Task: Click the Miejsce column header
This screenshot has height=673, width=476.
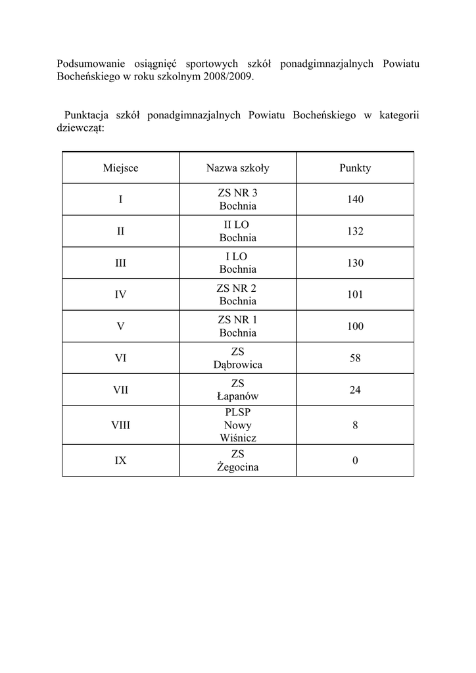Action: pos(120,168)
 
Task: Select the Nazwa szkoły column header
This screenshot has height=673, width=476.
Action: pos(237,168)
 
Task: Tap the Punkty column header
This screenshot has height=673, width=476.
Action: pos(355,168)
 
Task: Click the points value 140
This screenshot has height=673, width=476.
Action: pos(355,200)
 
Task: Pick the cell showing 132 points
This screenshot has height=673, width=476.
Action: pos(355,231)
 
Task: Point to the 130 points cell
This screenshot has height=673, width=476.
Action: pos(355,263)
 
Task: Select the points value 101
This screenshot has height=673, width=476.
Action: pos(355,294)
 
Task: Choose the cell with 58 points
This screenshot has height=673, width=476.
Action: pos(355,358)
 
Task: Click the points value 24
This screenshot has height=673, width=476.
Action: pos(355,390)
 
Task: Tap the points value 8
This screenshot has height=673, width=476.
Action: pos(355,425)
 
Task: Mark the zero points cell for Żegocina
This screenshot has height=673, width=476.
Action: pos(355,461)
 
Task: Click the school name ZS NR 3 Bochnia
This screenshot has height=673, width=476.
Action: pos(237,200)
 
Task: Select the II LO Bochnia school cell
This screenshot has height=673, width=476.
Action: pos(237,231)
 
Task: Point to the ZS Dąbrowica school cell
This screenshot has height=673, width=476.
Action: pos(237,358)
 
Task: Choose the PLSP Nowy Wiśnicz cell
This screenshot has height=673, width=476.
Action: pos(237,425)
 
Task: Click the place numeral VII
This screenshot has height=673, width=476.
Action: pos(120,390)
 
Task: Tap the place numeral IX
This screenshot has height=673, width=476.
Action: pos(120,461)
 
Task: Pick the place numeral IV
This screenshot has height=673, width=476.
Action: pos(120,294)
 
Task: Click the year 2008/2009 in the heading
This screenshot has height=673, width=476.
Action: pos(229,76)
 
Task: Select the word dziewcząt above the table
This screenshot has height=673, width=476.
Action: pos(79,128)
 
